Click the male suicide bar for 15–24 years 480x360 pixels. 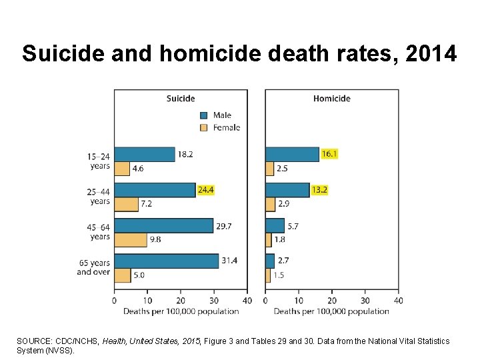[x=144, y=154]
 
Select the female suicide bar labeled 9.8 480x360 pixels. [x=130, y=239]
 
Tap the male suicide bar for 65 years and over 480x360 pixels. [x=166, y=261]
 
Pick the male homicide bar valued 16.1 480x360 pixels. [x=292, y=154]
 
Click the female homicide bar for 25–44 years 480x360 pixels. [x=270, y=204]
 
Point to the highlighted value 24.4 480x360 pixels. [x=205, y=190]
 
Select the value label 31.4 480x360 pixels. [x=229, y=261]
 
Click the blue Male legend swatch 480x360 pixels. [x=204, y=115]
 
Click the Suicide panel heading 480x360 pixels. [x=181, y=99]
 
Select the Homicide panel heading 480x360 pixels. [x=331, y=99]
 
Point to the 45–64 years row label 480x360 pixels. [x=99, y=232]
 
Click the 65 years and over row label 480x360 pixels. [x=94, y=267]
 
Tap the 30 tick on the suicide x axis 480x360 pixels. [x=214, y=300]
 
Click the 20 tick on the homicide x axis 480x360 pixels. [x=332, y=300]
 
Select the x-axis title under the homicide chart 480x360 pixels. [x=331, y=311]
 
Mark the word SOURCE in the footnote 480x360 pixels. [x=33, y=341]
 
